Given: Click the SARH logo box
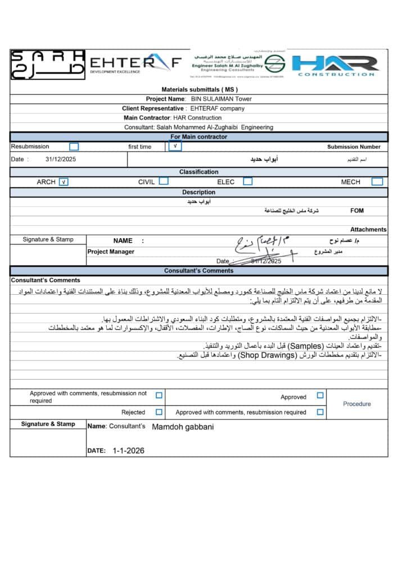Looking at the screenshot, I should tap(48, 63).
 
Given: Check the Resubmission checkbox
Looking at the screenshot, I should tap(74, 147).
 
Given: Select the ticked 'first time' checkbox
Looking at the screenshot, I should tap(175, 147).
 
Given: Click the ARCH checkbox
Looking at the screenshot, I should tap(64, 182).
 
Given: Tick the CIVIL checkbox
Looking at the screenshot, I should tap(164, 181).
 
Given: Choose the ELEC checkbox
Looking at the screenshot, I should tap(247, 181).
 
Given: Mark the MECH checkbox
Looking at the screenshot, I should tap(377, 181).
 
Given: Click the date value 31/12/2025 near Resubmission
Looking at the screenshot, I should tap(60, 159).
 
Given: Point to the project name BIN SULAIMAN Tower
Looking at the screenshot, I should tap(221, 99).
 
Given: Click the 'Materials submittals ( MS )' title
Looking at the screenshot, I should tap(200, 89).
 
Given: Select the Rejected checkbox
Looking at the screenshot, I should tap(159, 412).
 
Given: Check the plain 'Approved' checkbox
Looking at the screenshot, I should tap(320, 396).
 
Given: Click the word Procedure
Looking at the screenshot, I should tap(357, 404).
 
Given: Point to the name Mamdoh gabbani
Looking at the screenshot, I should tap(183, 427).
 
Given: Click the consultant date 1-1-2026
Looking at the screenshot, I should tap(128, 450).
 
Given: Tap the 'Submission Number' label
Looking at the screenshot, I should tap(354, 147).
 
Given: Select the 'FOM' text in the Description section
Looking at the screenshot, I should tap(356, 211).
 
